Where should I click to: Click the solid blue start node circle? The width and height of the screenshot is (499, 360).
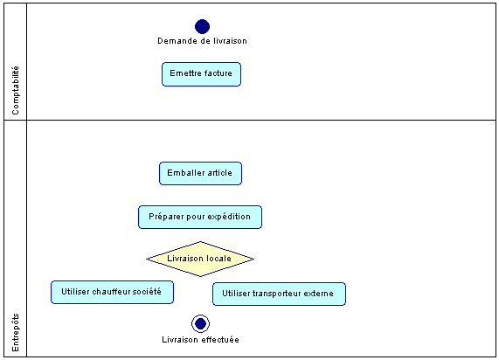pyautogui.click(x=202, y=26)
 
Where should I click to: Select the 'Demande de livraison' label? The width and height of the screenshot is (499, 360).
pyautogui.click(x=202, y=41)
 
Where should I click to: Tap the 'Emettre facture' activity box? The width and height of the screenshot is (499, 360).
pyautogui.click(x=202, y=74)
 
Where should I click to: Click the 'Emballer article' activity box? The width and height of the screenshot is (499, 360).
pyautogui.click(x=200, y=174)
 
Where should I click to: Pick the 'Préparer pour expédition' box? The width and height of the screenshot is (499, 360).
pyautogui.click(x=200, y=217)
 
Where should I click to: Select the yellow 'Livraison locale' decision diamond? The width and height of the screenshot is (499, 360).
pyautogui.click(x=200, y=259)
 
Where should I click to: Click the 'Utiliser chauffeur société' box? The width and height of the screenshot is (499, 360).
pyautogui.click(x=113, y=292)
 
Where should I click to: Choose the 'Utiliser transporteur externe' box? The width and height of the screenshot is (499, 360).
pyautogui.click(x=279, y=294)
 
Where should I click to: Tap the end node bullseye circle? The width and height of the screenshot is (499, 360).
pyautogui.click(x=200, y=323)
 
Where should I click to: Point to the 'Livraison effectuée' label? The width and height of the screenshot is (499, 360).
pyautogui.click(x=200, y=340)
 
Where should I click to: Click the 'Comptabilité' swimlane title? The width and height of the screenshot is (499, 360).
pyautogui.click(x=15, y=90)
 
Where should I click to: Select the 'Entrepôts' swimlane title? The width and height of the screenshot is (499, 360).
pyautogui.click(x=15, y=332)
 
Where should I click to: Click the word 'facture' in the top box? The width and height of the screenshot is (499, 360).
pyautogui.click(x=218, y=73)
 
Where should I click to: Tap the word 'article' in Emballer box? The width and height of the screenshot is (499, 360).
pyautogui.click(x=219, y=173)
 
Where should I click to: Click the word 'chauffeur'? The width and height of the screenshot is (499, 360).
pyautogui.click(x=111, y=292)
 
